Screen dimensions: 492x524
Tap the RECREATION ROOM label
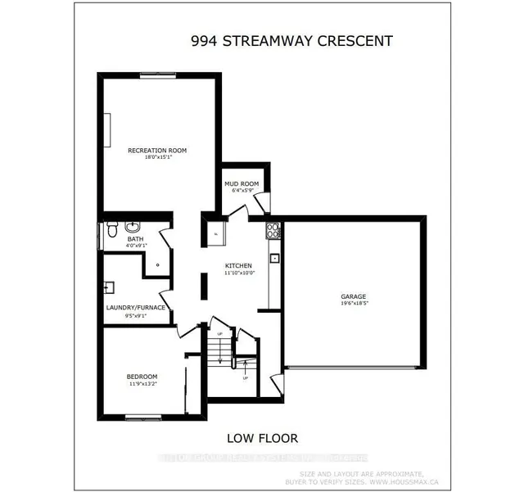(x=157, y=150)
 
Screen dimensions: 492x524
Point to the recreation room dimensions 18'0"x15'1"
(x=157, y=158)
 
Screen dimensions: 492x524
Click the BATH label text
(x=135, y=239)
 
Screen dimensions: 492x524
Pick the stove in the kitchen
(x=273, y=230)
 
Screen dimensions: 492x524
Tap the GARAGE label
(x=353, y=296)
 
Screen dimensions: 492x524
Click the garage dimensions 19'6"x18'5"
(x=353, y=305)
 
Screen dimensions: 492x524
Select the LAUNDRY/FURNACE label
(x=137, y=307)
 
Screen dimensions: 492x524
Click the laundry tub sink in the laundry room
(x=109, y=287)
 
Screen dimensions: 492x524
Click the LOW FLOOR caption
(x=263, y=439)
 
